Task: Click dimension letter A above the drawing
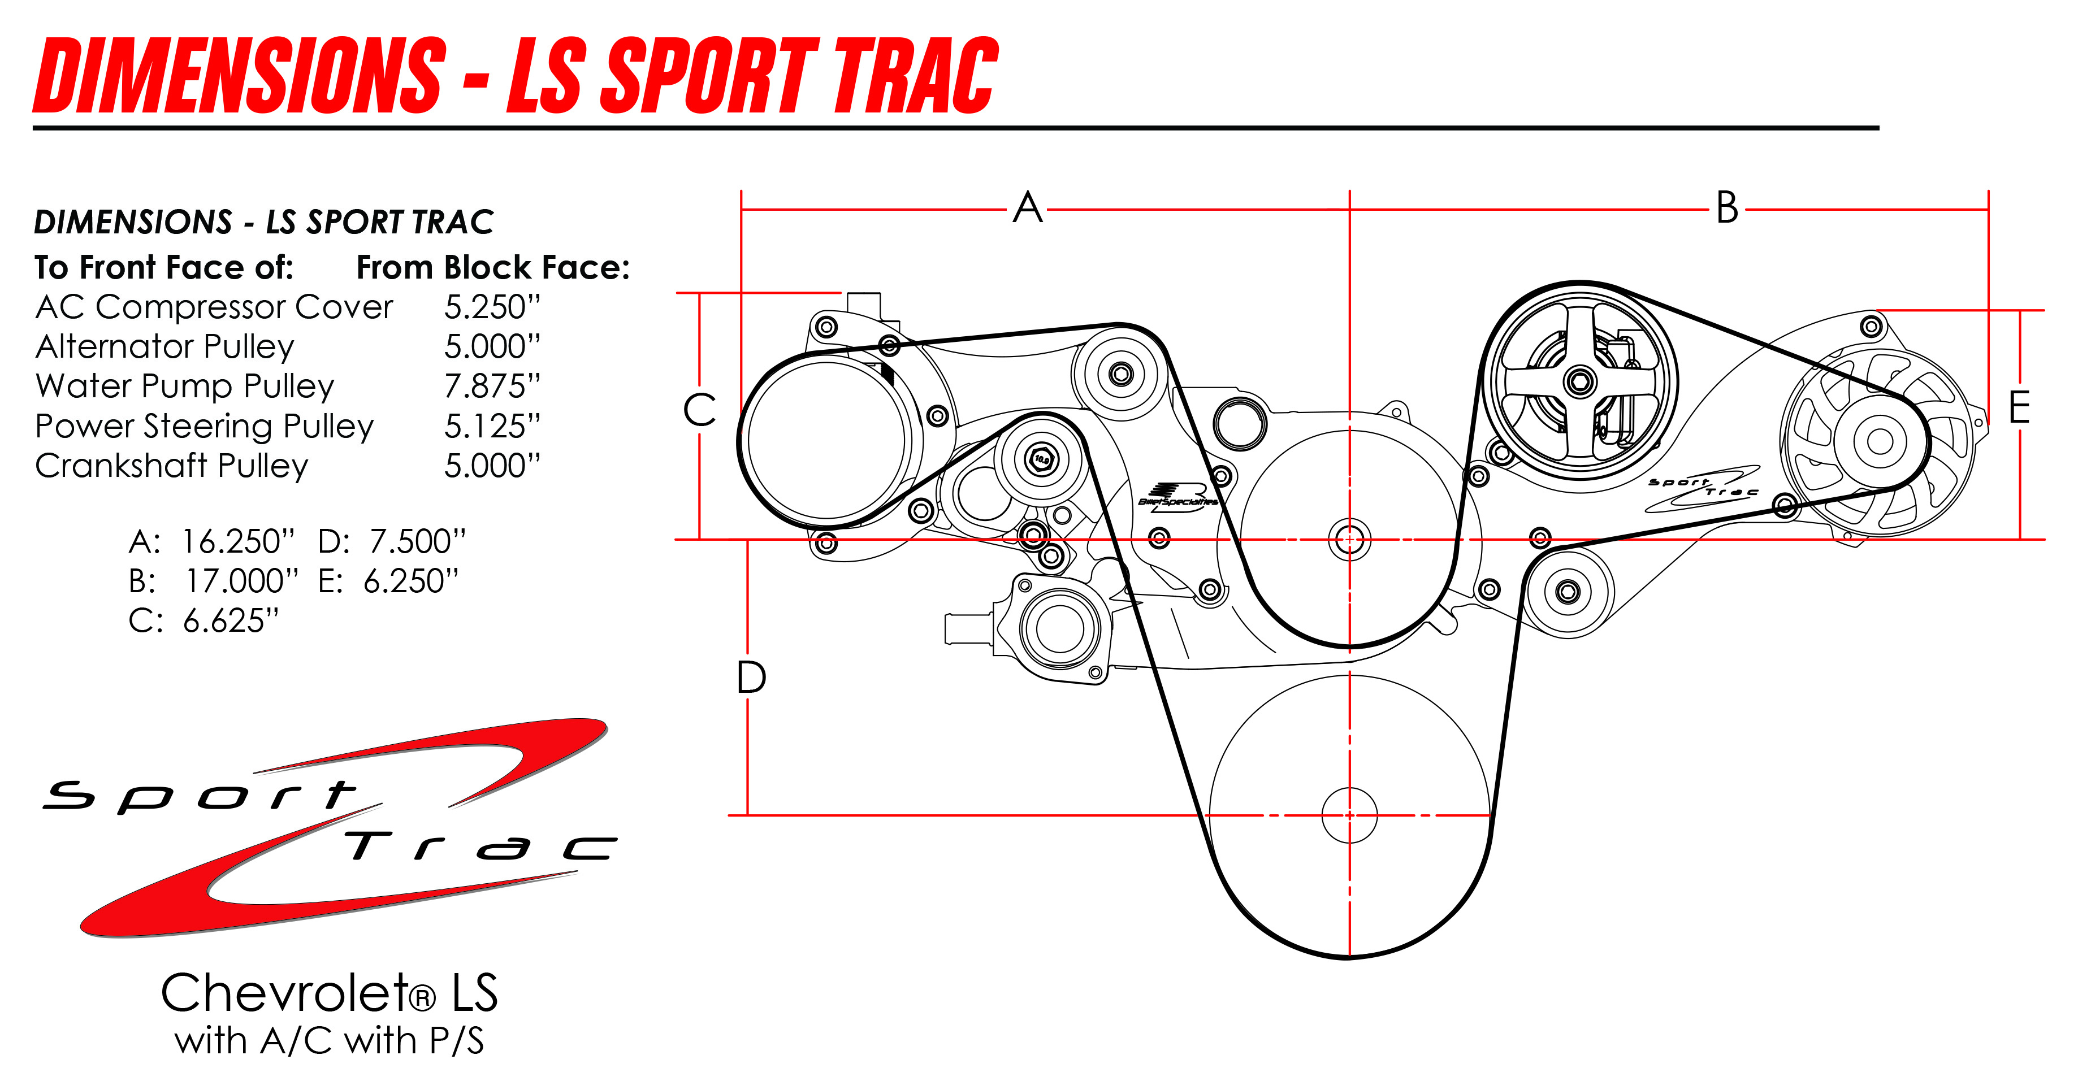click(1028, 208)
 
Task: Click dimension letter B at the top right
click(1728, 208)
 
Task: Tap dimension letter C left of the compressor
click(700, 410)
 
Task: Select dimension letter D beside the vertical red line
click(751, 678)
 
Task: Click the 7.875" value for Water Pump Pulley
click(492, 387)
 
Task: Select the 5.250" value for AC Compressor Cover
click(492, 307)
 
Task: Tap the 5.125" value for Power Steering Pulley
click(492, 426)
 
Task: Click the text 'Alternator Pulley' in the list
click(164, 346)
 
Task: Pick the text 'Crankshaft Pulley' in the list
click(172, 466)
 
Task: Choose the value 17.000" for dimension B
click(241, 581)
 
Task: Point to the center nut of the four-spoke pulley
click(1579, 381)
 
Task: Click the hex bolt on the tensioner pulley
click(1041, 459)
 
